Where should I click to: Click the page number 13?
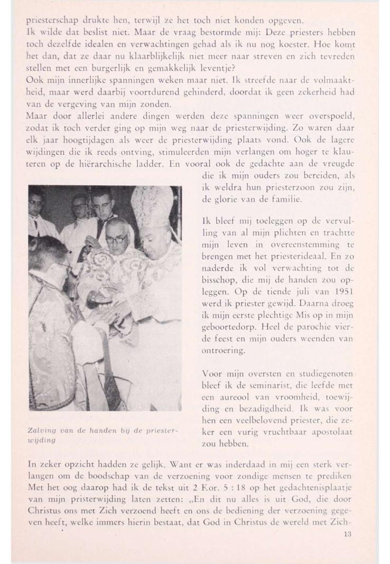(347, 534)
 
